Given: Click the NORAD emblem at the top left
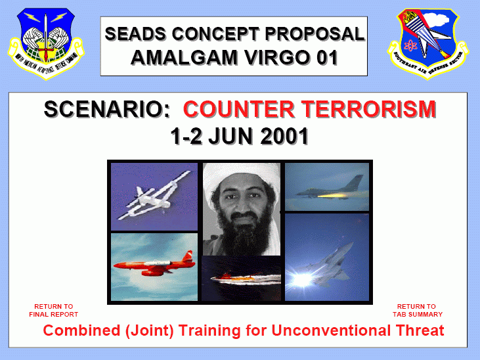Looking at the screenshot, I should tap(44, 43).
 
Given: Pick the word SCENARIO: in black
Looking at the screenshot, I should tap(110, 110).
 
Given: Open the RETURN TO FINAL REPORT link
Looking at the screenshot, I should tap(54, 310).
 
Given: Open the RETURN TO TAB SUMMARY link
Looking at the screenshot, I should tap(416, 310).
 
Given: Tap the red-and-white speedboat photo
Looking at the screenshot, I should tap(240, 278).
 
